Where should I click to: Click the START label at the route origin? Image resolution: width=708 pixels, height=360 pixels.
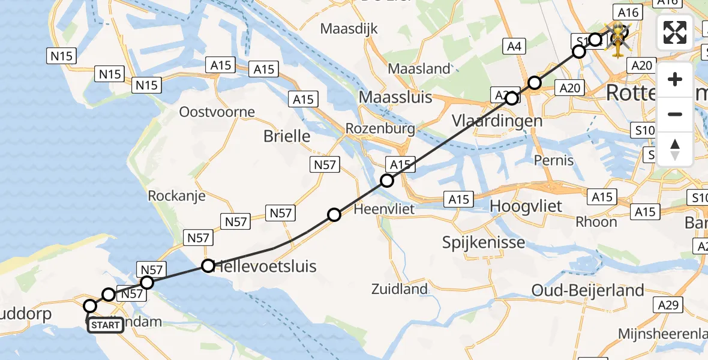(x=106, y=326)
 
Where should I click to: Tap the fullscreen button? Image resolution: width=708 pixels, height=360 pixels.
(x=675, y=33)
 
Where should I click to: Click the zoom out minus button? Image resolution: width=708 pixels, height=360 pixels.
(x=675, y=114)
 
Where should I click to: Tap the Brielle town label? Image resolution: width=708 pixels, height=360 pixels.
(x=287, y=136)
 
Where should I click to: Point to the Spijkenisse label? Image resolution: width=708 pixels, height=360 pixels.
(x=484, y=243)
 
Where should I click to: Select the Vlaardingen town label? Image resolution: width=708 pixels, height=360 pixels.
(x=497, y=121)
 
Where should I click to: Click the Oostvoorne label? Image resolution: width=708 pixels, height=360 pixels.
(x=217, y=112)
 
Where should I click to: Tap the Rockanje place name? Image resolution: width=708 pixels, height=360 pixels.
(x=176, y=196)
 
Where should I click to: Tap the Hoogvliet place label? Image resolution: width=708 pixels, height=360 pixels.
(x=526, y=206)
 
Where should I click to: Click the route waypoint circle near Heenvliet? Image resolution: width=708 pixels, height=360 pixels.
(x=334, y=215)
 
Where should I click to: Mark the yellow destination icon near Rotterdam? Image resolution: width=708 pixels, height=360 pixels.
(x=618, y=41)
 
